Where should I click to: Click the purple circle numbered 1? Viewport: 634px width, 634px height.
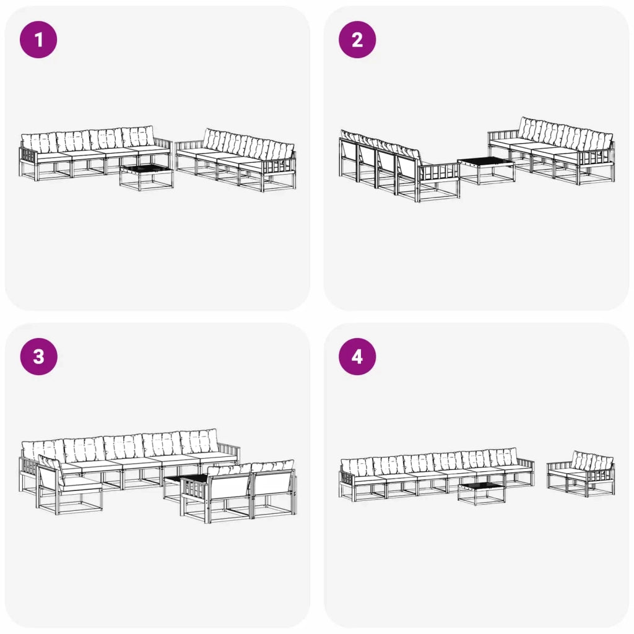38,40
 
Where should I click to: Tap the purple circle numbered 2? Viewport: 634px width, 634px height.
357,40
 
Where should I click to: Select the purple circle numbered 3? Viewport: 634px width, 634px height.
38,357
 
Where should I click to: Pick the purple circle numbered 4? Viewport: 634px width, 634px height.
357,357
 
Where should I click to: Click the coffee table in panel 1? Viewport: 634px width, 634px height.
146,176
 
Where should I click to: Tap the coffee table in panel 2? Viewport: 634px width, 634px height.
485,170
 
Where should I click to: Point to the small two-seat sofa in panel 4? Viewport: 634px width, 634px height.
581,474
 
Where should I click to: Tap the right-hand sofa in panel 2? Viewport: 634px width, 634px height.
554,152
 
